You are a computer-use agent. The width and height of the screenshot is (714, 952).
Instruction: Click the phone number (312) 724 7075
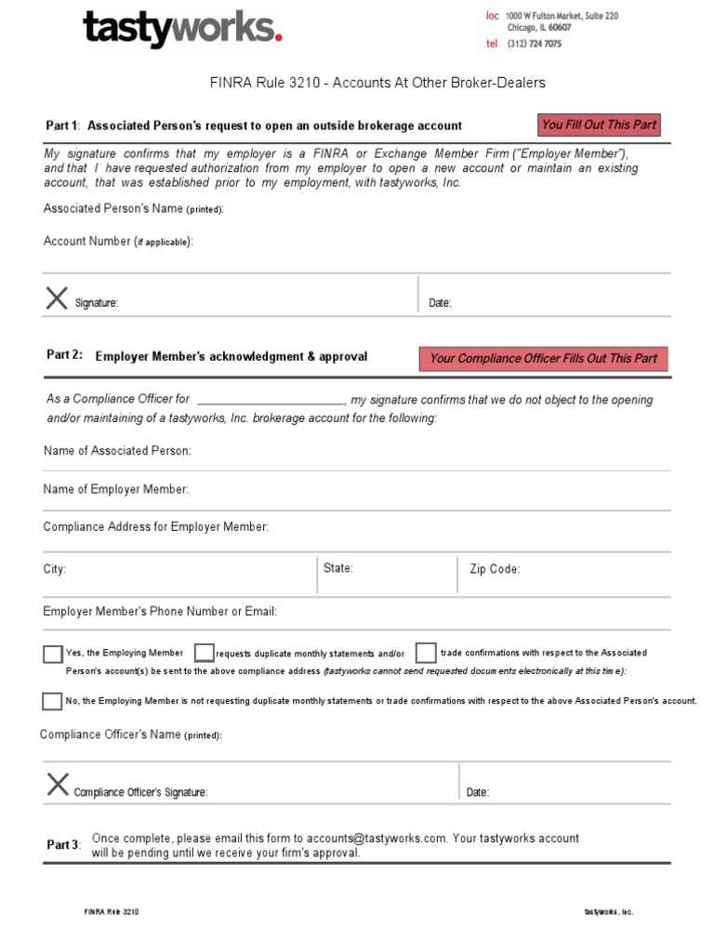[534, 44]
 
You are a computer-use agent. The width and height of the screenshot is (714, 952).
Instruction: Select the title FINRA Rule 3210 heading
[377, 83]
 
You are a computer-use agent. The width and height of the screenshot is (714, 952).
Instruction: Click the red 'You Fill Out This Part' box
[599, 125]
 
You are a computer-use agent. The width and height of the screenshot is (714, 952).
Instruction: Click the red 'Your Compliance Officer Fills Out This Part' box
[543, 359]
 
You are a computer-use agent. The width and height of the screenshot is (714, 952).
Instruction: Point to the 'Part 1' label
[62, 126]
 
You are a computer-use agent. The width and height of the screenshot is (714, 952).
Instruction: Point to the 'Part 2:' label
[64, 355]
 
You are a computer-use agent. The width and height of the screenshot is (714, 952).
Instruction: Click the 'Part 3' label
[63, 845]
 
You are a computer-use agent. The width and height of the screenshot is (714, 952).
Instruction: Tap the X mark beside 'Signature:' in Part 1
[57, 297]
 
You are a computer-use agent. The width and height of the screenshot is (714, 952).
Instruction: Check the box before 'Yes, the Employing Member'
[53, 654]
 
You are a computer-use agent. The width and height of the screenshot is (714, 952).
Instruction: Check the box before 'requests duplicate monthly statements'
[204, 653]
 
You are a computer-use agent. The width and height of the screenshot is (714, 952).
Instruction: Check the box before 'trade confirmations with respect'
[426, 653]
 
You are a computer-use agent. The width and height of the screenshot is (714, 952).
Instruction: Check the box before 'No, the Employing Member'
[53, 701]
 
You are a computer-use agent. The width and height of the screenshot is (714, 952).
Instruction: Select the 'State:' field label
[338, 568]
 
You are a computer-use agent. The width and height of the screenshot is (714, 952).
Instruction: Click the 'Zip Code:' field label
[495, 569]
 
